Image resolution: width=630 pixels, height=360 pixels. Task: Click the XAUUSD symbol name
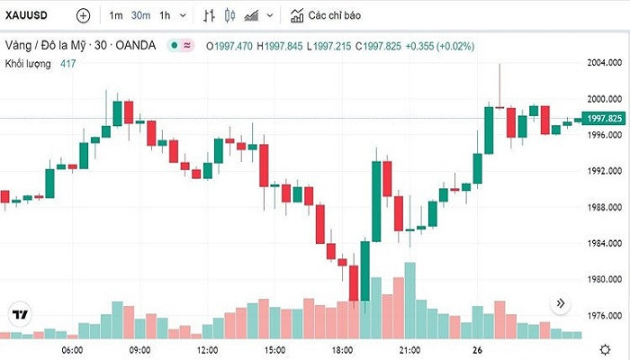tap(29, 15)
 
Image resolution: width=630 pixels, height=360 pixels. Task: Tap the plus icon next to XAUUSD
tap(83, 15)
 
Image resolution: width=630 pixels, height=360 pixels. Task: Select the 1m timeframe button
tap(116, 15)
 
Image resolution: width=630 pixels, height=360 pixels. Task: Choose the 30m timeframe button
tap(140, 15)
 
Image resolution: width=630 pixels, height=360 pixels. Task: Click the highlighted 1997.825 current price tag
tap(603, 118)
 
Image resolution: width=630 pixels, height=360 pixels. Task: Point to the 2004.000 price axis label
tap(603, 63)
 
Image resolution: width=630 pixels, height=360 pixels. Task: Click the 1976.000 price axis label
tap(603, 316)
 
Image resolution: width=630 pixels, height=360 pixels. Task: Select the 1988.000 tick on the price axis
tap(603, 207)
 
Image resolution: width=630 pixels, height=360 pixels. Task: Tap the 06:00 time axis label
tap(72, 349)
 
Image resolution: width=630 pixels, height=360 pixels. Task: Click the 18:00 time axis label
tap(343, 349)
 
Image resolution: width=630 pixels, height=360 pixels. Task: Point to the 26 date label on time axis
tap(478, 349)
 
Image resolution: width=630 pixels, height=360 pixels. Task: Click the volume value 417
tap(68, 63)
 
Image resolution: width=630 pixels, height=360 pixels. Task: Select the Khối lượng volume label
tap(27, 63)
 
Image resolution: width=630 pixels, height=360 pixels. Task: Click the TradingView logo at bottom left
tap(19, 314)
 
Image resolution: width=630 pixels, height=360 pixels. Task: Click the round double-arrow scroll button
tap(561, 304)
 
